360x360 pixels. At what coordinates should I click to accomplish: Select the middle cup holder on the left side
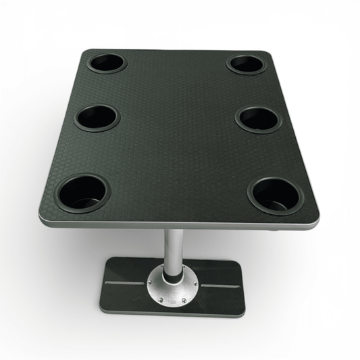pos(97,118)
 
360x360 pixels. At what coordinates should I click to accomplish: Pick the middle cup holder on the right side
pos(257,119)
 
